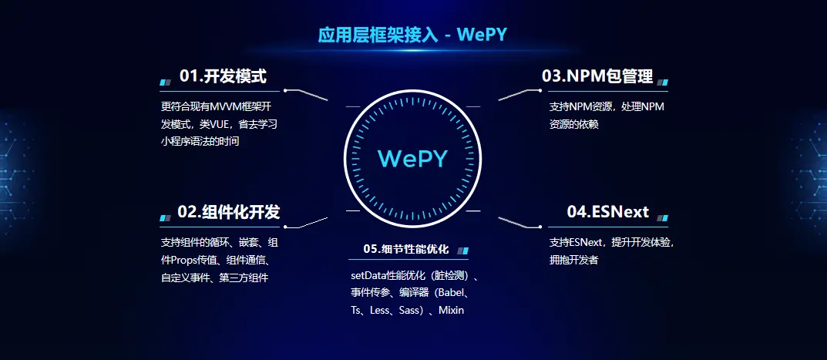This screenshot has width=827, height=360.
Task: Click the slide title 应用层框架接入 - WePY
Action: (x=413, y=35)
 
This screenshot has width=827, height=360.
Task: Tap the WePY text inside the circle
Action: (x=413, y=158)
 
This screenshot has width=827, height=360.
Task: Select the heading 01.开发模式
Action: (x=223, y=76)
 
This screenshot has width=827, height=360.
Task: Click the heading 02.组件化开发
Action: (x=228, y=212)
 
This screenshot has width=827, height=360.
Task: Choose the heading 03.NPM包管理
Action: (x=597, y=76)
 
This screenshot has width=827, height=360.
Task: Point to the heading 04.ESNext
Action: (x=608, y=212)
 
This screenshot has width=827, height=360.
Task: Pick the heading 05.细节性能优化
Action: (x=405, y=249)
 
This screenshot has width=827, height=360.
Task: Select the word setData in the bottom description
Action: (x=367, y=275)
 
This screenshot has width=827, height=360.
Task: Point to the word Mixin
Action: (x=451, y=310)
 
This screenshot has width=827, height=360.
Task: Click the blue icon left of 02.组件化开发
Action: (x=165, y=217)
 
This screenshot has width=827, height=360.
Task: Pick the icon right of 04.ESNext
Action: (x=663, y=217)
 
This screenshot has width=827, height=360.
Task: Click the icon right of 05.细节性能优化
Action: (x=462, y=251)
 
